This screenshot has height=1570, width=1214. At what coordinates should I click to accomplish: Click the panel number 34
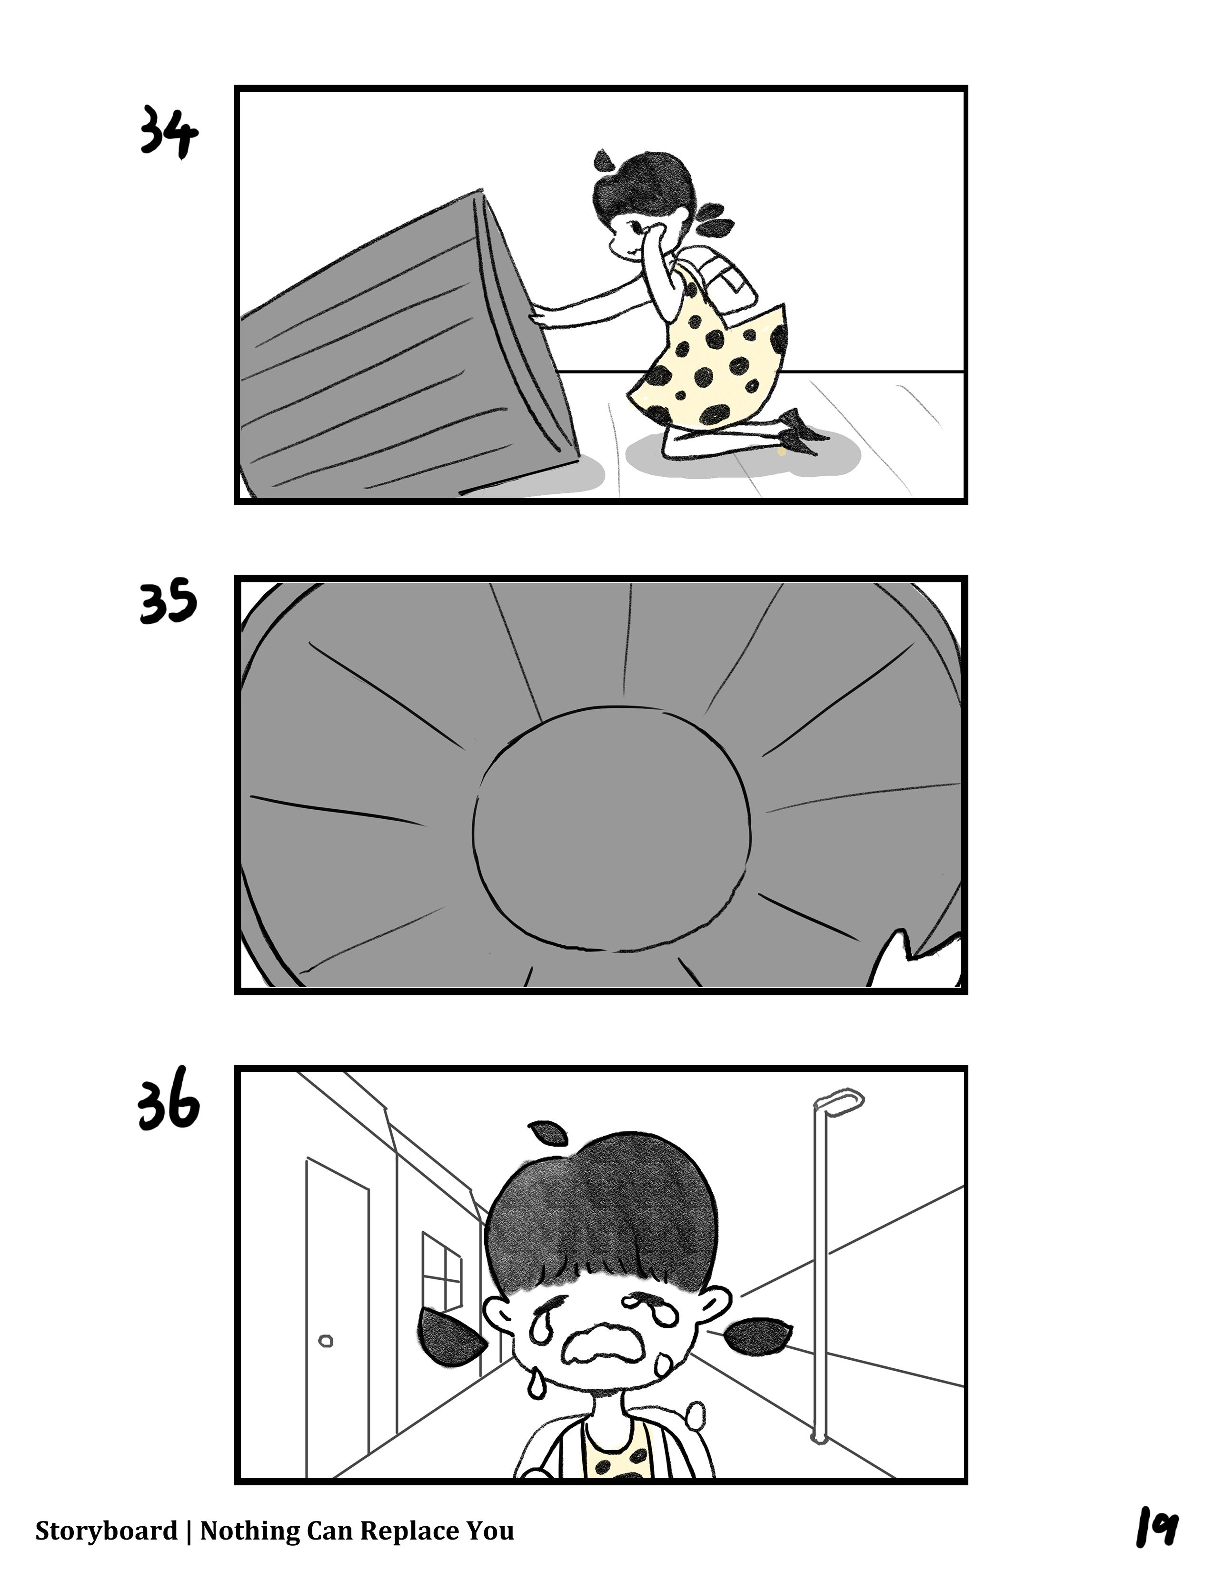[x=168, y=132]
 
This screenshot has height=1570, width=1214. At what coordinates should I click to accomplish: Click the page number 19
[x=1156, y=1528]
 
